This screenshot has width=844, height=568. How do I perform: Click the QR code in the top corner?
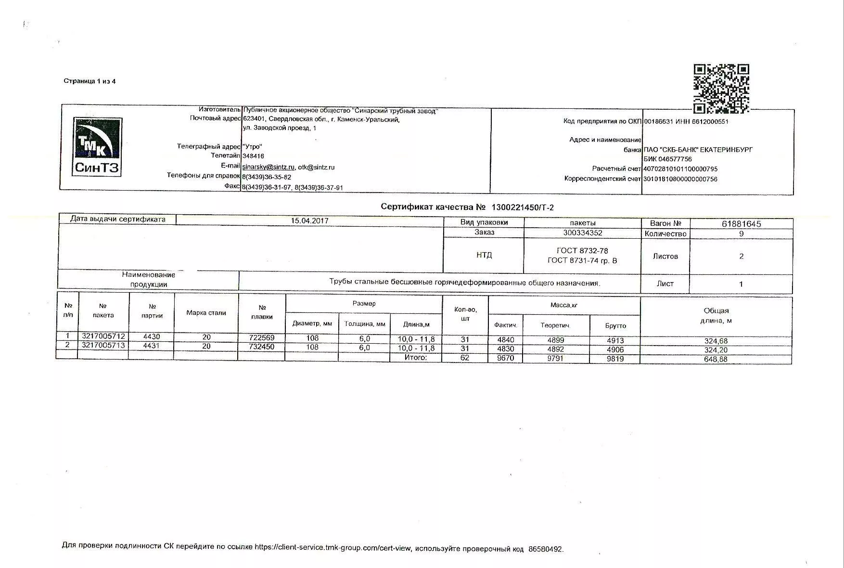coord(721,89)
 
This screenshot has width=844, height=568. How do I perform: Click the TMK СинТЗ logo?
coord(97,147)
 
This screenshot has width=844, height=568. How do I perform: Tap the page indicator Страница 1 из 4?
coord(90,81)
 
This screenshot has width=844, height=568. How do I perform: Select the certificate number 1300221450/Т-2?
coord(522,207)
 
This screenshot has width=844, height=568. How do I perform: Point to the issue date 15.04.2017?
coord(309,221)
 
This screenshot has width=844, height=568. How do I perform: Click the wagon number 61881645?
coord(741,224)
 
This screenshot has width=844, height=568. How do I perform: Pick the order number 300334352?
coord(582,233)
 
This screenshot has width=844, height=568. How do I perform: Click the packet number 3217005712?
coord(103,336)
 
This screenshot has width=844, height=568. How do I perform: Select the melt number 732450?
coord(262,347)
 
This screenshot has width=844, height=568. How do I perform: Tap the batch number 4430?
coord(152,336)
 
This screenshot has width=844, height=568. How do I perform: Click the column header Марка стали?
coord(206,313)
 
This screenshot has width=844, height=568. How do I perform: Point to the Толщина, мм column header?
coord(364,324)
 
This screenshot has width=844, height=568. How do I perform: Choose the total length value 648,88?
coord(716,359)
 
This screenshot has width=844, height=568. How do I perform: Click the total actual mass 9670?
coord(505,359)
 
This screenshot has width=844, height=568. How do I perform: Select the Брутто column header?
coord(615,326)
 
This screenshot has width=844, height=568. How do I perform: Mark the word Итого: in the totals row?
coord(415,358)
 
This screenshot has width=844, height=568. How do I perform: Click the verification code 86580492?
coord(545,549)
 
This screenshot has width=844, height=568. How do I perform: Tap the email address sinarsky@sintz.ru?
coord(268,167)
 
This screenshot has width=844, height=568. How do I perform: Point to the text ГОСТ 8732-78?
coord(582,251)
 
